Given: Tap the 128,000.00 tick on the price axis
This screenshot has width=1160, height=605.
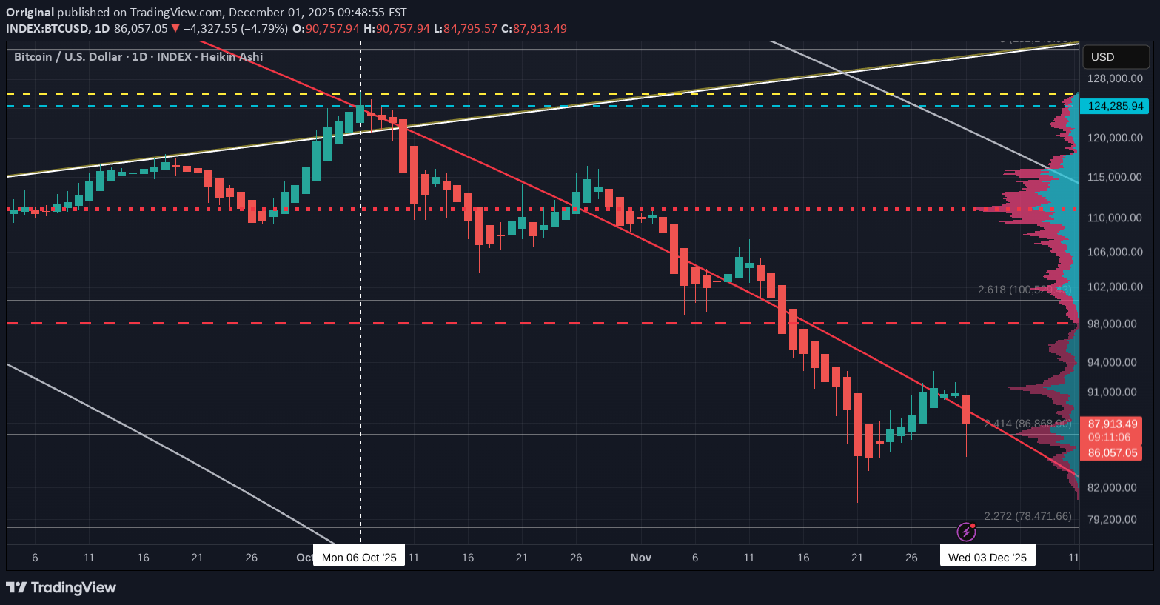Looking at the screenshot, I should pyautogui.click(x=1115, y=78).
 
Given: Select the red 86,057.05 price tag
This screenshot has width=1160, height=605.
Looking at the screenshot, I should pyautogui.click(x=1113, y=452).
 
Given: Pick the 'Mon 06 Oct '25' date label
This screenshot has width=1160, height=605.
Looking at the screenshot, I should pyautogui.click(x=359, y=557).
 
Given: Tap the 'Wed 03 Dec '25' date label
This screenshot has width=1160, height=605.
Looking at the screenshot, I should pyautogui.click(x=987, y=557).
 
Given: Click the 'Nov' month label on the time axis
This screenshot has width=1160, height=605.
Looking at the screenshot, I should pyautogui.click(x=641, y=557).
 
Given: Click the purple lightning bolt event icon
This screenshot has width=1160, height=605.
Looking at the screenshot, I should pyautogui.click(x=966, y=532).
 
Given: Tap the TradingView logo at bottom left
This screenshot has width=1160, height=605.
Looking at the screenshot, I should pyautogui.click(x=61, y=588).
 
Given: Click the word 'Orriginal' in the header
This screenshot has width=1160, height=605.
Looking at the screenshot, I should pyautogui.click(x=30, y=13).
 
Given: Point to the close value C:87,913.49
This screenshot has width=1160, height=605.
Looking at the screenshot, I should pyautogui.click(x=534, y=29).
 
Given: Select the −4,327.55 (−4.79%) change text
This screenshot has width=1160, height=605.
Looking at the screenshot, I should pyautogui.click(x=235, y=29).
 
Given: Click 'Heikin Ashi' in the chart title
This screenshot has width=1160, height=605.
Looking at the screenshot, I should pyautogui.click(x=232, y=57).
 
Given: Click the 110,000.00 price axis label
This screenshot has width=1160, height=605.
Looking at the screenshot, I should pyautogui.click(x=1115, y=218).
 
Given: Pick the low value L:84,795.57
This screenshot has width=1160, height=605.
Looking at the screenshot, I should pyautogui.click(x=466, y=29).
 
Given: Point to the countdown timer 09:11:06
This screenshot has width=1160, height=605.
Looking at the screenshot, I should pyautogui.click(x=1109, y=438).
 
